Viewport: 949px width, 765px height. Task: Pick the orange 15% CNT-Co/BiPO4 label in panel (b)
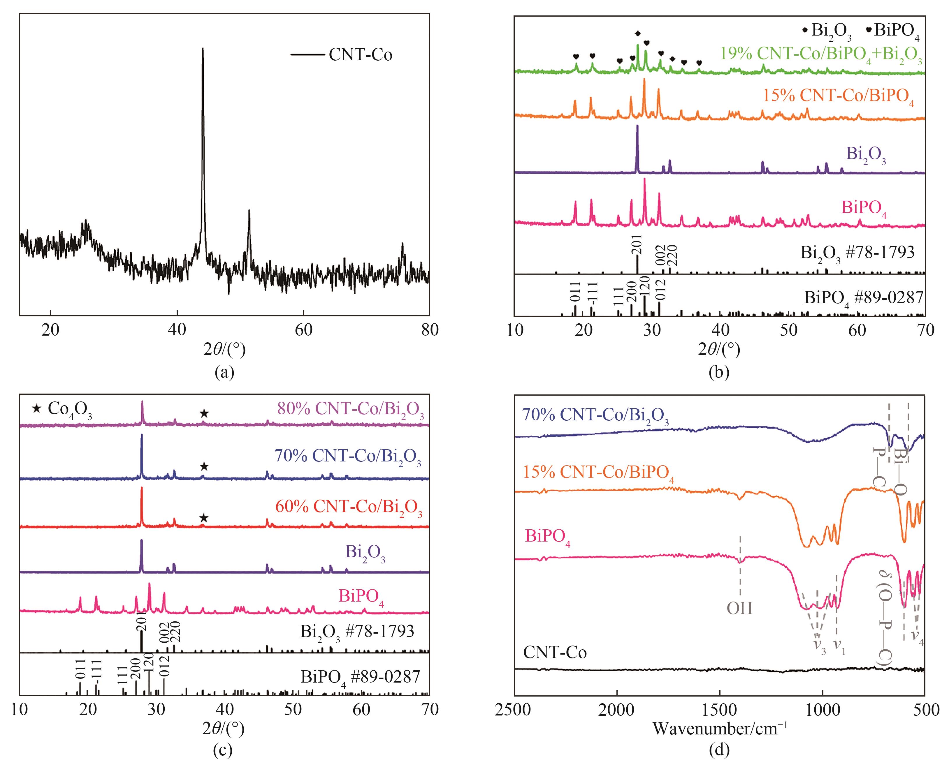pyautogui.click(x=838, y=96)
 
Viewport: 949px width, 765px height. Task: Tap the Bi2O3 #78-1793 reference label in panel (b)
pyautogui.click(x=857, y=253)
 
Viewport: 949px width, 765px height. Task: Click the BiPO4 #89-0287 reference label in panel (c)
pyautogui.click(x=360, y=677)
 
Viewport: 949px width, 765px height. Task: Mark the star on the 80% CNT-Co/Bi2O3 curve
pyautogui.click(x=204, y=413)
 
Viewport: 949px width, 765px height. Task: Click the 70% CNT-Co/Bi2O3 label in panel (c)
pyautogui.click(x=348, y=456)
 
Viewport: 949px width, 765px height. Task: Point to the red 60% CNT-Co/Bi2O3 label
pyautogui.click(x=349, y=507)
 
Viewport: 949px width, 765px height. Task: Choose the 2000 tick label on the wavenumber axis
pyautogui.click(x=617, y=710)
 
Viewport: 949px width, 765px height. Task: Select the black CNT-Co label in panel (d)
pyautogui.click(x=555, y=652)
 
